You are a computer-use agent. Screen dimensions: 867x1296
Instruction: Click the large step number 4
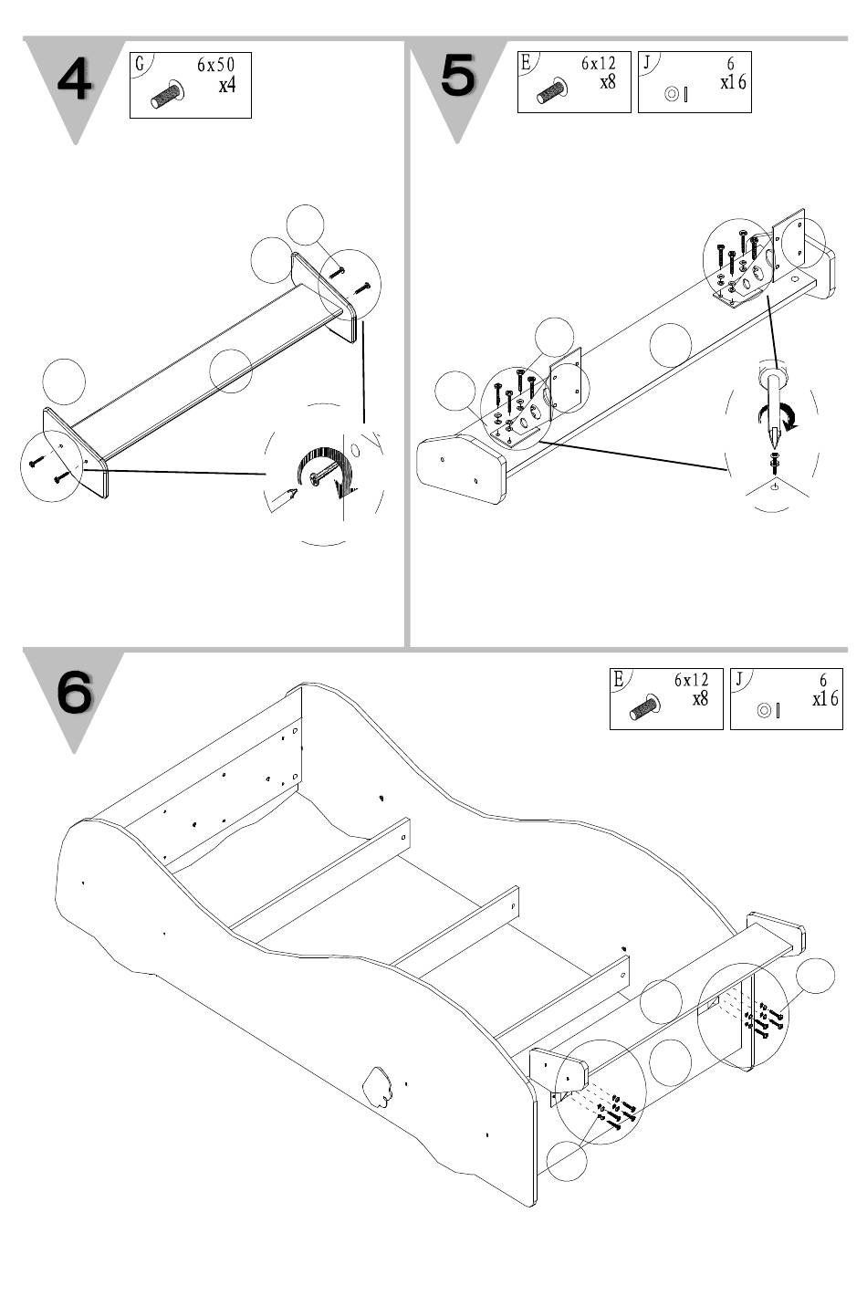click(75, 80)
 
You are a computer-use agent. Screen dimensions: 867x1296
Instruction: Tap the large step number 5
click(457, 75)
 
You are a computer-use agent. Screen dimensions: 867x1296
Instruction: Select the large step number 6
click(75, 692)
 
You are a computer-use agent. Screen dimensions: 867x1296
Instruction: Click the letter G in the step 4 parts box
click(140, 64)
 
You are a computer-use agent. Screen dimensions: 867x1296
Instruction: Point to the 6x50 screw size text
click(215, 65)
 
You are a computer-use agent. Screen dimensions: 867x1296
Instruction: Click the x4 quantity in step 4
click(227, 86)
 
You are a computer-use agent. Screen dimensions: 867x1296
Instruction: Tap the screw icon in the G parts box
click(168, 95)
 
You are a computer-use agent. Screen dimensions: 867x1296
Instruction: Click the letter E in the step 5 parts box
click(525, 62)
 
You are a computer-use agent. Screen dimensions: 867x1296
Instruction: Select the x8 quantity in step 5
click(608, 82)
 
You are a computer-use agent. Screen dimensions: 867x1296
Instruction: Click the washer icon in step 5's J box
click(672, 94)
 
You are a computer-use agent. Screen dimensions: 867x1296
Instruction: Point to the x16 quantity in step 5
click(733, 82)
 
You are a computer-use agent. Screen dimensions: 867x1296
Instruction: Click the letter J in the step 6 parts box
click(738, 678)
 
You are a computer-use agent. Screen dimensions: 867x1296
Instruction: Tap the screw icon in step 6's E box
click(646, 707)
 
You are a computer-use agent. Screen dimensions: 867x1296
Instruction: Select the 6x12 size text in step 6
click(691, 680)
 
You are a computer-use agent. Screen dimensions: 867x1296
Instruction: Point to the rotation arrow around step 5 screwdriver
click(778, 416)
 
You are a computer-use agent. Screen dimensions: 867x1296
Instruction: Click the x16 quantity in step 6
click(825, 699)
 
